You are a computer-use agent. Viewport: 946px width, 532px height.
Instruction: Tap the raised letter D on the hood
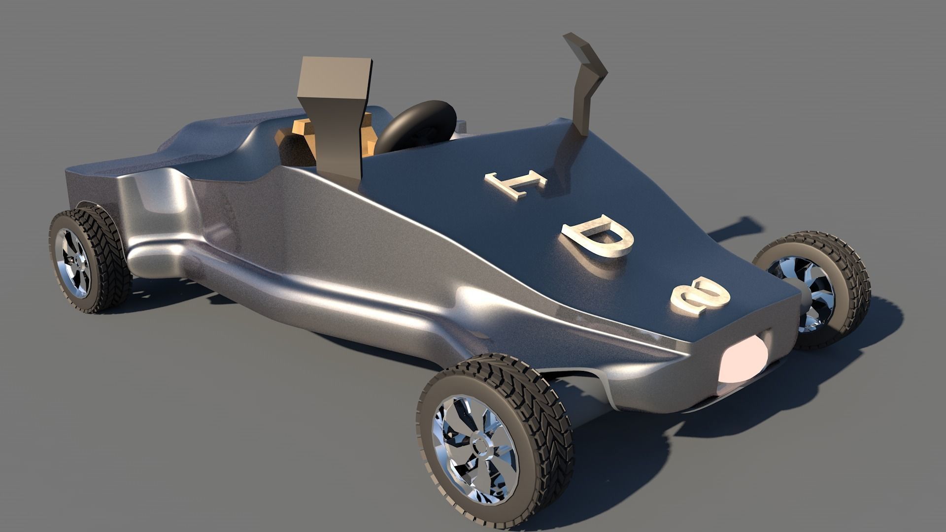click(x=597, y=239)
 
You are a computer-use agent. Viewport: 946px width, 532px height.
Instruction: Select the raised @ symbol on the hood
click(x=700, y=297)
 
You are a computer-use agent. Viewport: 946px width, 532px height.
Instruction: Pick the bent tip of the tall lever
click(x=581, y=47)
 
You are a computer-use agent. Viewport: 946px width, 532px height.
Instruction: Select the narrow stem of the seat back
click(x=340, y=148)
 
